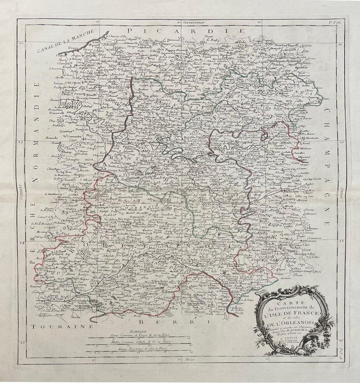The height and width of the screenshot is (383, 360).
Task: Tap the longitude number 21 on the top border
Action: coord(259,23)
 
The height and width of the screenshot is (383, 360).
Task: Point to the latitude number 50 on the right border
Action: coord(340,43)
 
